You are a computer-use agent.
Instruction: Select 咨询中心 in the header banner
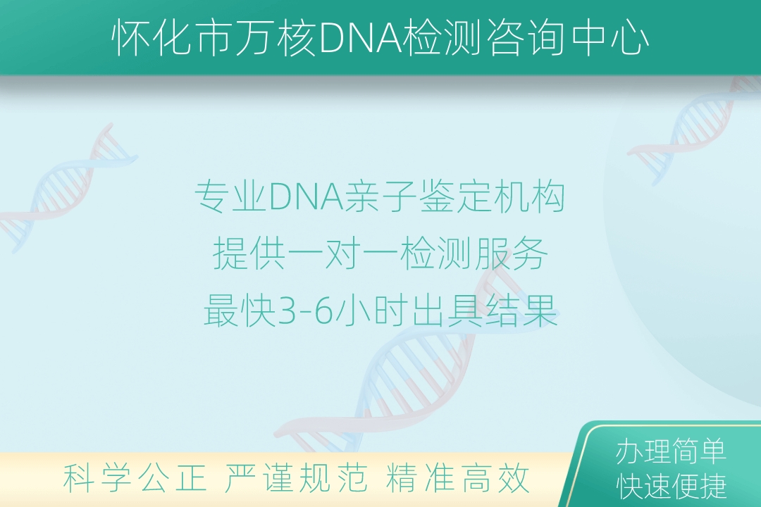(x=567, y=37)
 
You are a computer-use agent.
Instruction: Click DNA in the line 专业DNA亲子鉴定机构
(x=307, y=197)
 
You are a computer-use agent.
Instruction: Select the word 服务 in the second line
(x=511, y=254)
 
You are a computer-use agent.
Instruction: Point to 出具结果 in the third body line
(x=485, y=311)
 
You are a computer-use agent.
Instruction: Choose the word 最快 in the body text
(x=240, y=311)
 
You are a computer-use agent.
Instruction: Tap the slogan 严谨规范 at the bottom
(x=295, y=478)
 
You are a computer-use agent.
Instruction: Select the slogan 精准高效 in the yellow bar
(x=457, y=478)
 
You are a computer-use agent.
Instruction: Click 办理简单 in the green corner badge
(x=672, y=451)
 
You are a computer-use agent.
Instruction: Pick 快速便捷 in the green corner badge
(x=672, y=486)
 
